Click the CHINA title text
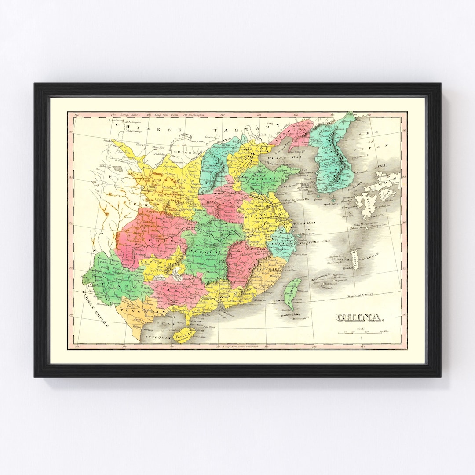(x=360, y=317)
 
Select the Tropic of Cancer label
(x=360, y=296)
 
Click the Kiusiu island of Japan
(x=367, y=207)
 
